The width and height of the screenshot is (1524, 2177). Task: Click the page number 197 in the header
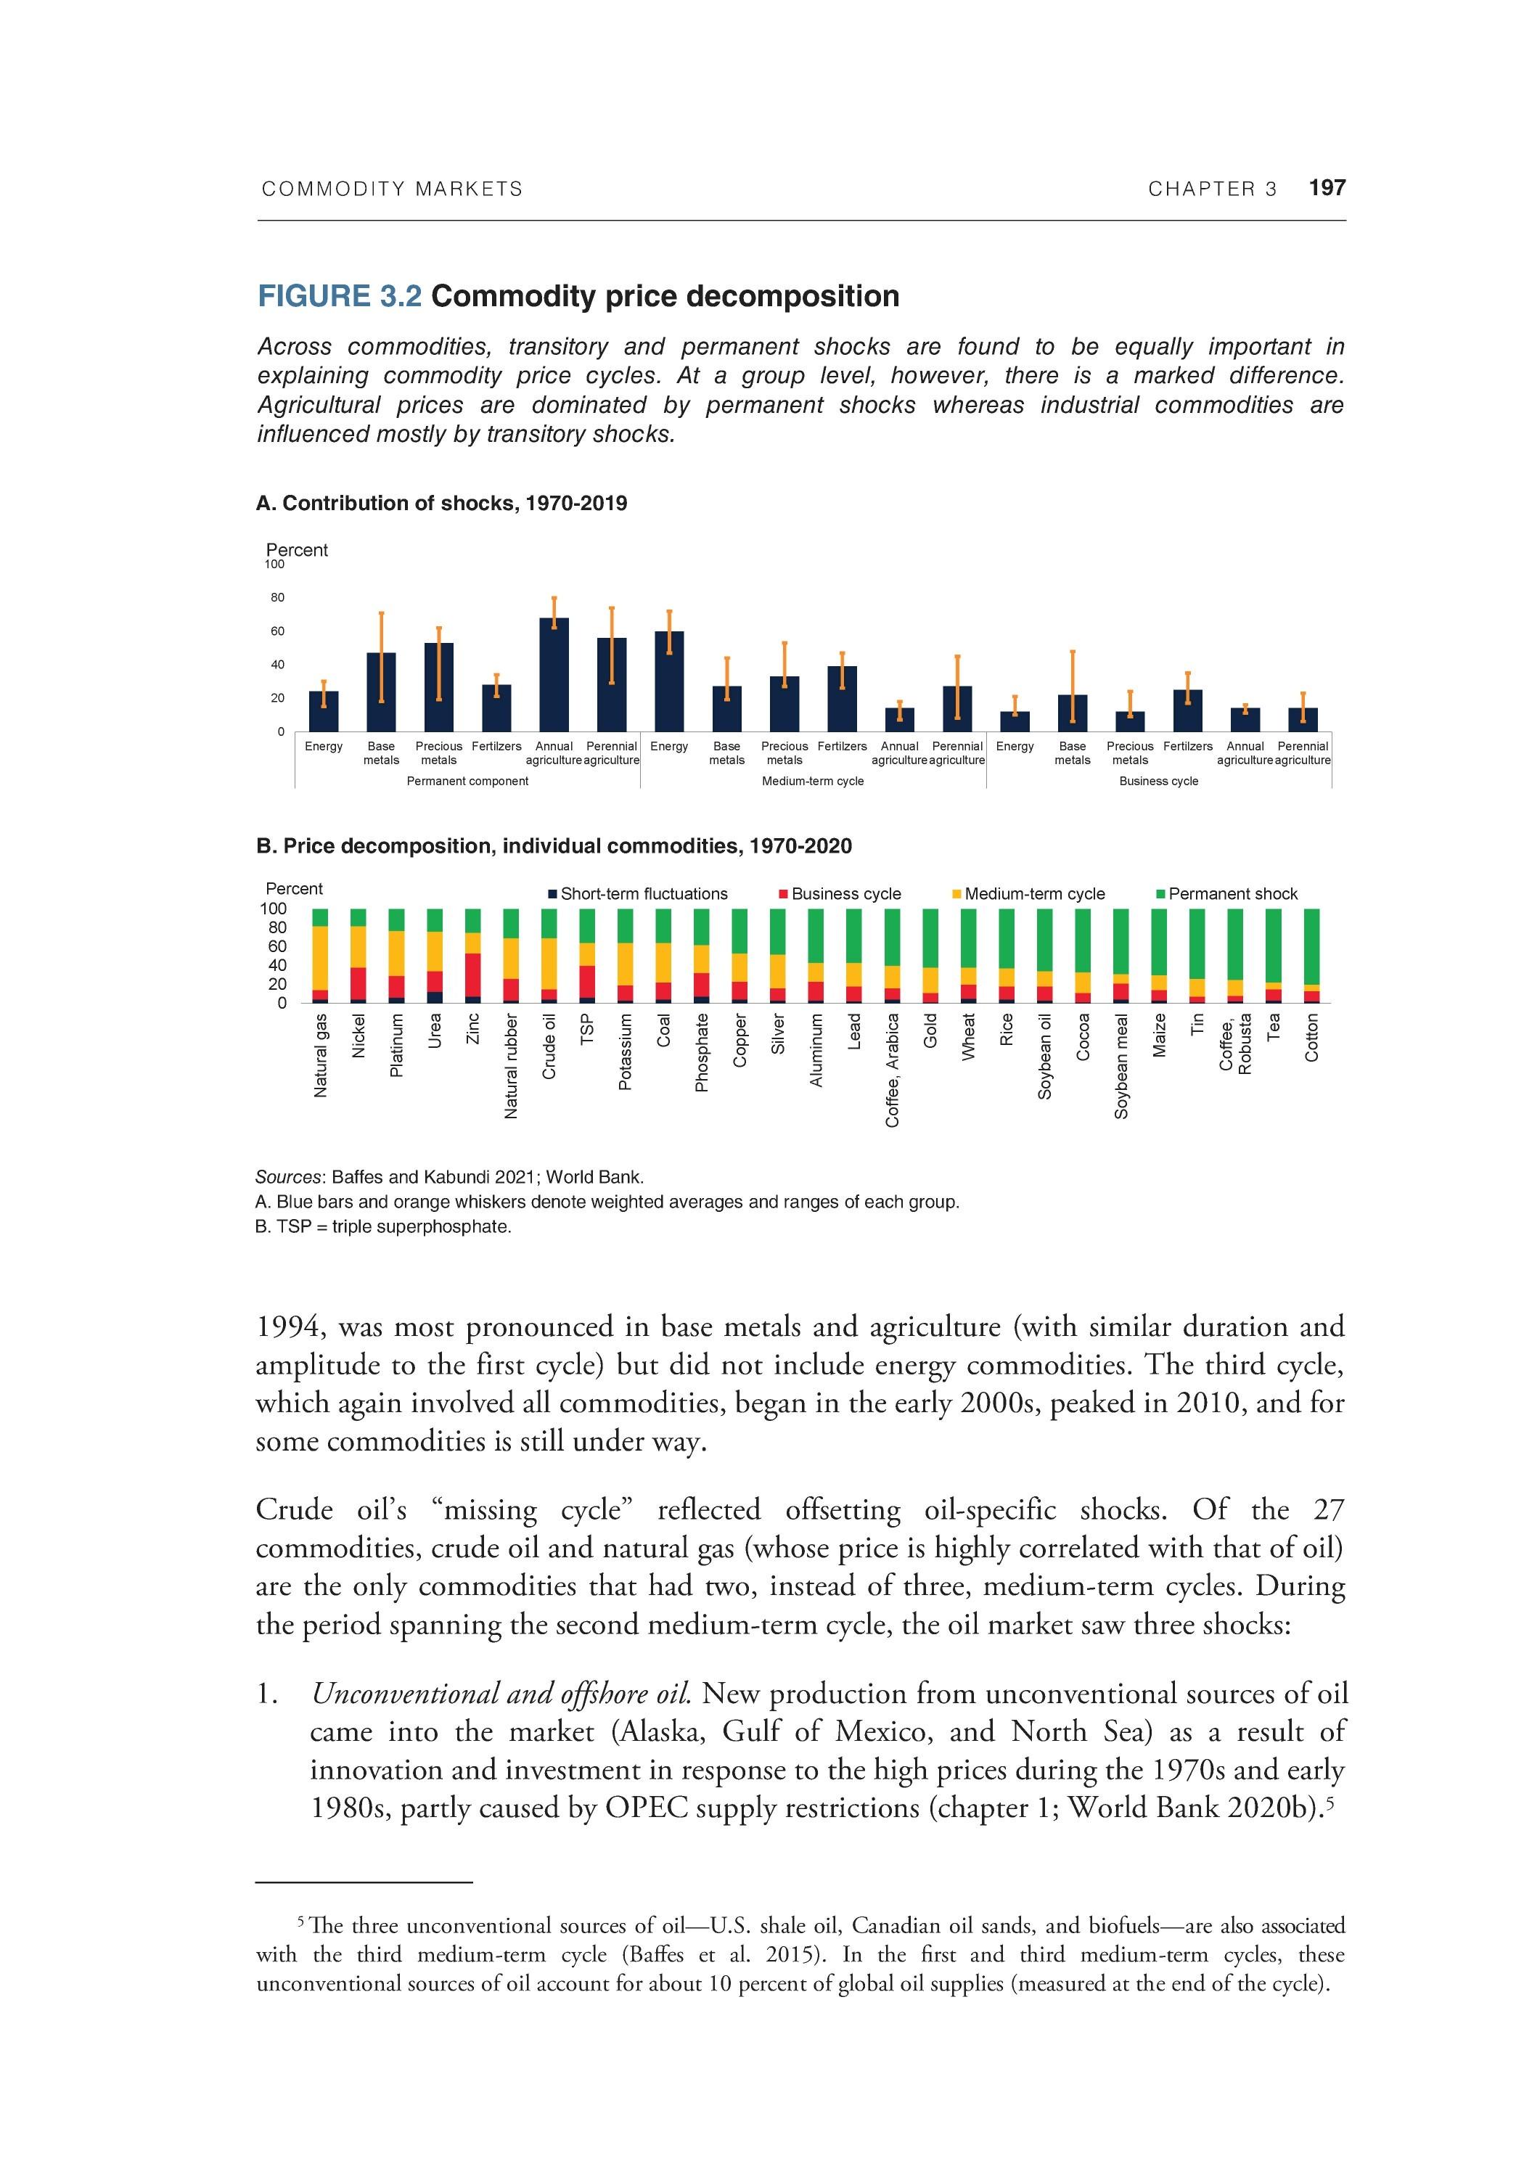point(1326,188)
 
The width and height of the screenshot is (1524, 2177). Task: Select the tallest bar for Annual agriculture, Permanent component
point(554,674)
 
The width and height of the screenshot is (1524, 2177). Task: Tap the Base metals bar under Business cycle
point(1073,713)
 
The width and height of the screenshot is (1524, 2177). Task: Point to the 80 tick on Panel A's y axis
point(277,598)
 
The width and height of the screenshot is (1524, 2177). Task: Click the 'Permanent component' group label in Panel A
point(467,782)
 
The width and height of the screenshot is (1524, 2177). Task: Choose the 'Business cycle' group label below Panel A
point(1158,782)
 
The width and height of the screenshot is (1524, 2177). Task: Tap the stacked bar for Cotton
point(1311,956)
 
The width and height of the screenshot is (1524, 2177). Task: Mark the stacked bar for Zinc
point(472,956)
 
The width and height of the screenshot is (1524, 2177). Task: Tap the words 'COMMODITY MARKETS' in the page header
point(392,189)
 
